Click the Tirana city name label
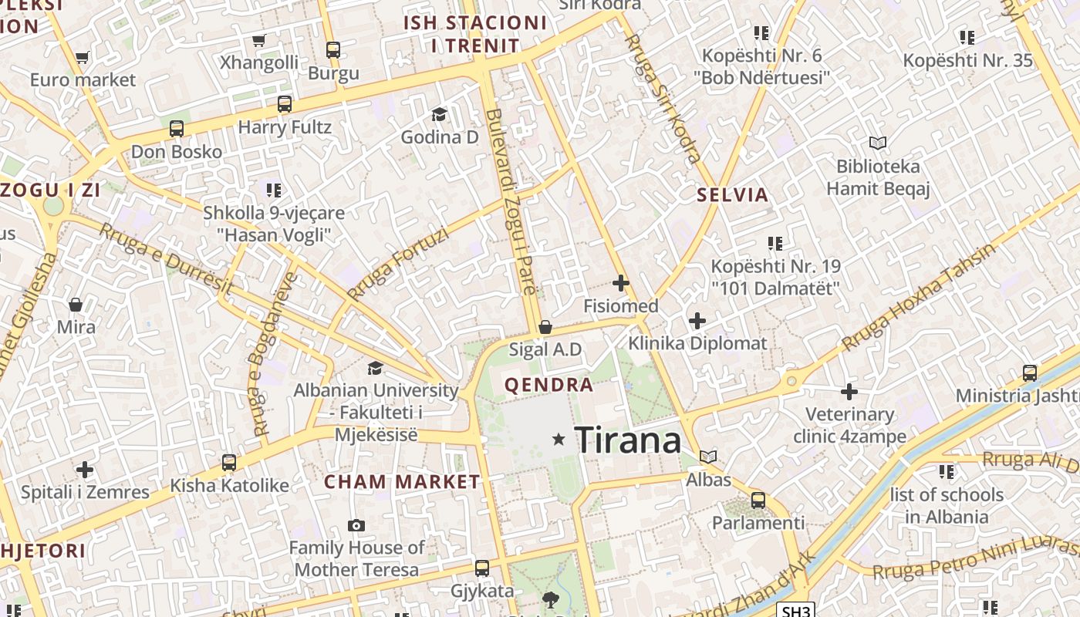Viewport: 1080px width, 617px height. (628, 440)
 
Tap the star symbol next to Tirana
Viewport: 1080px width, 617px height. (559, 440)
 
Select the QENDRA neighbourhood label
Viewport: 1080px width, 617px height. (549, 385)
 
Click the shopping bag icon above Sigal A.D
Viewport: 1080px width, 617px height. (545, 327)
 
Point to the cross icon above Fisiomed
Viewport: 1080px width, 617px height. (620, 283)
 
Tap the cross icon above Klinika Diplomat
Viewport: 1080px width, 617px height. (697, 320)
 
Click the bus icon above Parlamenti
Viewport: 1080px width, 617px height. (758, 500)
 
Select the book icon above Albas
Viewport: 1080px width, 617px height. (708, 457)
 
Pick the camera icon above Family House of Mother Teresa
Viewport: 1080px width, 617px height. (356, 525)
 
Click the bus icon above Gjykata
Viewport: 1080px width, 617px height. (482, 568)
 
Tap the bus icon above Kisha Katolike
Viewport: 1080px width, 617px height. (229, 463)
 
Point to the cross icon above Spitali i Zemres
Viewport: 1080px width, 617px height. (85, 469)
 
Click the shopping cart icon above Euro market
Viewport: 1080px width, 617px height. (83, 57)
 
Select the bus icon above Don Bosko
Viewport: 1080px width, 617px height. (177, 129)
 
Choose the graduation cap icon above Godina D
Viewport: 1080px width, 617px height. (439, 115)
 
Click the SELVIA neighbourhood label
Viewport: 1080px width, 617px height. (733, 194)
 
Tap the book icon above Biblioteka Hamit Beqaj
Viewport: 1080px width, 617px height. (878, 143)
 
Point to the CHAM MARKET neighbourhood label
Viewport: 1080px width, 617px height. (402, 482)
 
